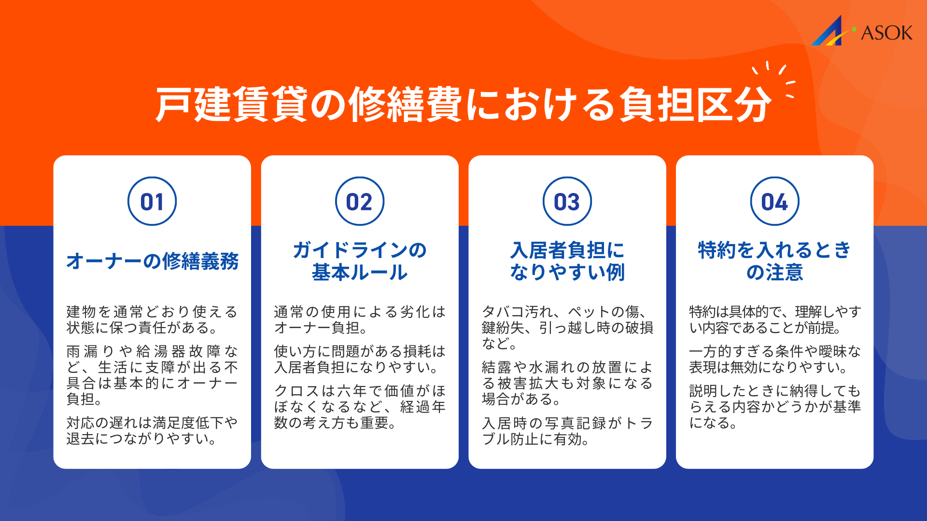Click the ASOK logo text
886,33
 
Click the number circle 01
152,202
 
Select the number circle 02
360,202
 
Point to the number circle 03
567,202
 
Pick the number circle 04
774,202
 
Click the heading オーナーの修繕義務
152,261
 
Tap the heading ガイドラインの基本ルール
360,261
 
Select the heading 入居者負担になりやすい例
567,261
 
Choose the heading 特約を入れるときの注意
774,261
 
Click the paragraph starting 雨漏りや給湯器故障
152,375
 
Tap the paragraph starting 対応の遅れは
152,431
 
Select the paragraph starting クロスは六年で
360,407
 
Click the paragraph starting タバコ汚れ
567,328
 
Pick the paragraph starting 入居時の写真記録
567,431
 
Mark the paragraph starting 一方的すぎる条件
774,359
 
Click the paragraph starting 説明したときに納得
774,407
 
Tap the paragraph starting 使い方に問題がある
360,359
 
